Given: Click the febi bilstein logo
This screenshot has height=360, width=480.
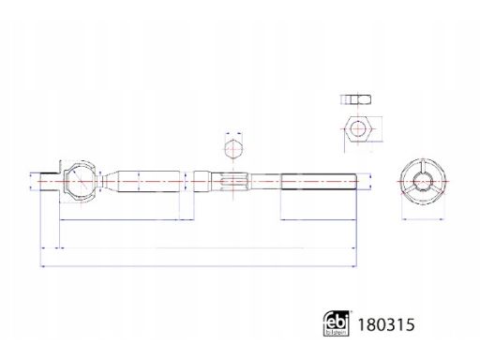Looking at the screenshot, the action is (336, 323).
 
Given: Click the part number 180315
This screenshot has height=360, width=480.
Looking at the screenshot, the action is (386, 324).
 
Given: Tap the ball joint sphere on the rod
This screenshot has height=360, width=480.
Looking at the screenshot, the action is (81, 181).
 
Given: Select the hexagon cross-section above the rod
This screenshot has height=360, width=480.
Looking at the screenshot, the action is (233, 149).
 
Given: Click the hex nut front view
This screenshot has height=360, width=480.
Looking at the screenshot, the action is (357, 129).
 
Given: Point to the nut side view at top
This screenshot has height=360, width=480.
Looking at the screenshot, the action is (356, 99).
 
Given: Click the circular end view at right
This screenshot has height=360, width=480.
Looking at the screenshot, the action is (423, 182).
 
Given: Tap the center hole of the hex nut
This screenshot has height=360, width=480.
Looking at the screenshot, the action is (357, 129).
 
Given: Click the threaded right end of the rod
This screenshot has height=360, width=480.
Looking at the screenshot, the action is (319, 182).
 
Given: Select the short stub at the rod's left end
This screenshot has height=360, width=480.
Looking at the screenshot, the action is (50, 182).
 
